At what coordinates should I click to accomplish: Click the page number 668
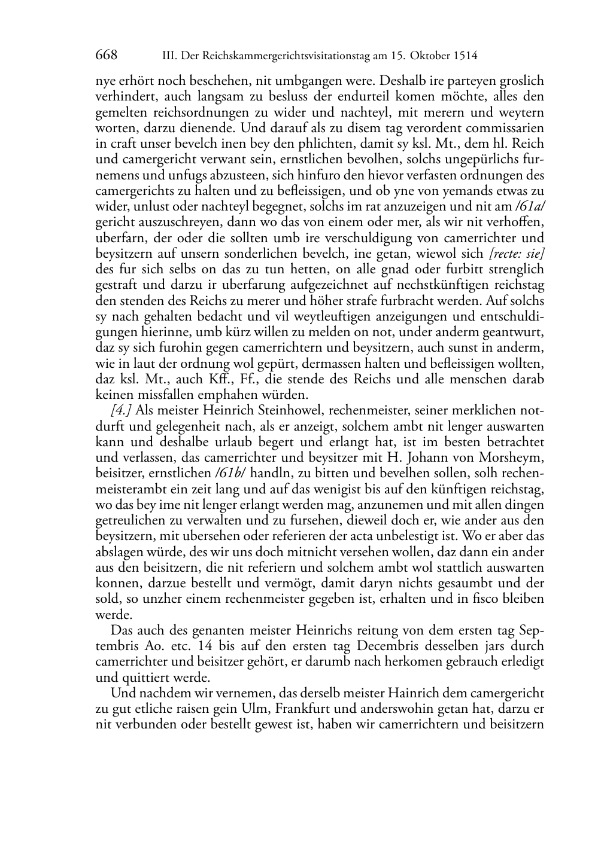106,56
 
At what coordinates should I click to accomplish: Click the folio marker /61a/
530,207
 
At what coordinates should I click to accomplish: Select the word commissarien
509,129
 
